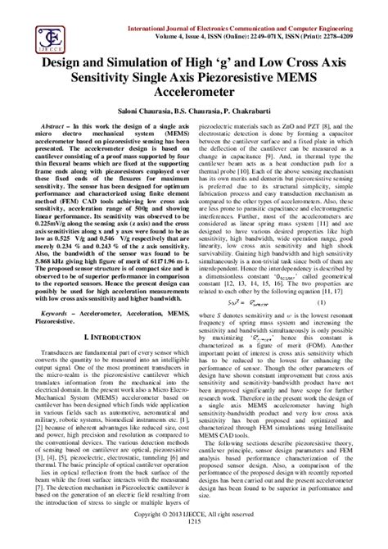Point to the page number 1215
point(194,542)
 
